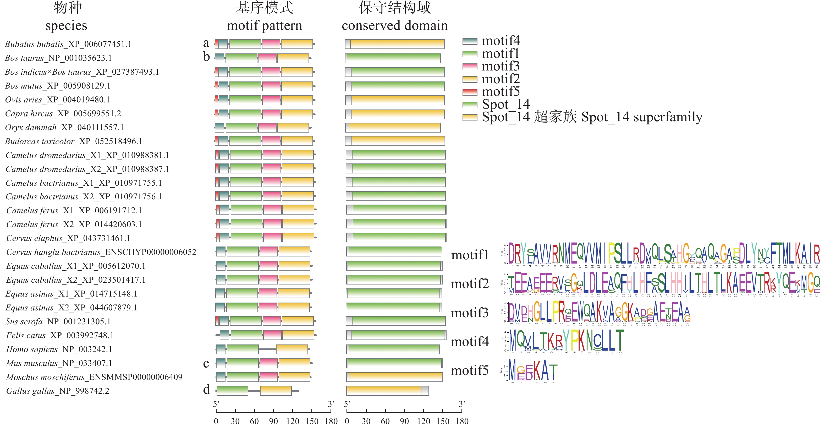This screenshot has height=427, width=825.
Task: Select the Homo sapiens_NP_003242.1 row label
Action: point(63,349)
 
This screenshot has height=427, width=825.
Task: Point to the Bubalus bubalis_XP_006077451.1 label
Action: point(68,44)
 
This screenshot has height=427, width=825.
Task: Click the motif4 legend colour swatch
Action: point(470,41)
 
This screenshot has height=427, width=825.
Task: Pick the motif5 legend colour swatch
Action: point(470,92)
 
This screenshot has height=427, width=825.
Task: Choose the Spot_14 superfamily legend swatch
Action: point(470,118)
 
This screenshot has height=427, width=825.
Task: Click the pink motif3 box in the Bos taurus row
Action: point(267,58)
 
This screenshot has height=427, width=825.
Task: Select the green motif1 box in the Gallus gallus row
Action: point(232,391)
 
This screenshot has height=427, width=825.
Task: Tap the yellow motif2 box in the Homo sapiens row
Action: point(292,349)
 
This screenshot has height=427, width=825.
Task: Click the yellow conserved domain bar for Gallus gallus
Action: point(384,391)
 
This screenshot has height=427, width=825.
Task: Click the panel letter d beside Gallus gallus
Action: point(207,390)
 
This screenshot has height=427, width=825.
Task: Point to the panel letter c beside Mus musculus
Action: point(206,363)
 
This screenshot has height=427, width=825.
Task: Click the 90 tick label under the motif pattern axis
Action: point(273,421)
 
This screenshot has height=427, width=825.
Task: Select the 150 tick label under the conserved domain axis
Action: point(443,421)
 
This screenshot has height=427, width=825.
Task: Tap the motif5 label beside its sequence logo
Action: point(470,371)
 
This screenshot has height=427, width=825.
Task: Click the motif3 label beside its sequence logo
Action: point(470,313)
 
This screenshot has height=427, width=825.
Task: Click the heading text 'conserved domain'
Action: point(395,25)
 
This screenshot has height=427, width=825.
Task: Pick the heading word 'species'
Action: point(66,25)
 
